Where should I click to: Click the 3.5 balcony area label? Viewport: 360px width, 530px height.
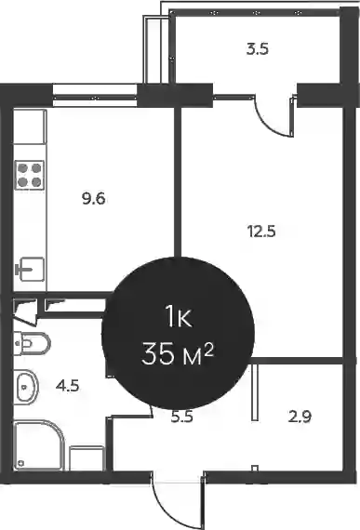pos(258,49)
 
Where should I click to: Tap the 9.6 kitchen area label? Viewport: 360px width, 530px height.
pos(94,198)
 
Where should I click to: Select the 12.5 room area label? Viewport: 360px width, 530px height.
pos(261,232)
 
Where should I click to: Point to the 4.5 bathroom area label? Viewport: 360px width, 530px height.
pos(68,385)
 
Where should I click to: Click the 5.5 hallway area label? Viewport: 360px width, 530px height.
pos(182,417)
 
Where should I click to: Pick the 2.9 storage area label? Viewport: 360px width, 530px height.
pos(300,417)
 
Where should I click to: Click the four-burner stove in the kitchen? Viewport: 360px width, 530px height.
pos(30,175)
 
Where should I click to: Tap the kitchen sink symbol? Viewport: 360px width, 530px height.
pos(31,270)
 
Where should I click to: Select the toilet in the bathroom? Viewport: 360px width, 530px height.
pos(33,343)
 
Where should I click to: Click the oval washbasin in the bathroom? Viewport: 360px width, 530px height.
pos(26,387)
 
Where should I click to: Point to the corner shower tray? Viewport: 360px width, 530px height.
pos(38,444)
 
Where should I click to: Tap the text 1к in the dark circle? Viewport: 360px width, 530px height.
pos(179,317)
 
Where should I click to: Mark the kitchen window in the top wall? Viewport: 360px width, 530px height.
pos(95,96)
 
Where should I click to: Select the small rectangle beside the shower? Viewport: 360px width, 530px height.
pos(87,458)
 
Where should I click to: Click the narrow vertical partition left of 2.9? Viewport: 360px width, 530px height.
pos(255,392)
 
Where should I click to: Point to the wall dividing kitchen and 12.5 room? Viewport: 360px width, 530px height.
pos(178,182)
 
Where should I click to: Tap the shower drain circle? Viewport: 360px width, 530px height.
pos(21,463)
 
